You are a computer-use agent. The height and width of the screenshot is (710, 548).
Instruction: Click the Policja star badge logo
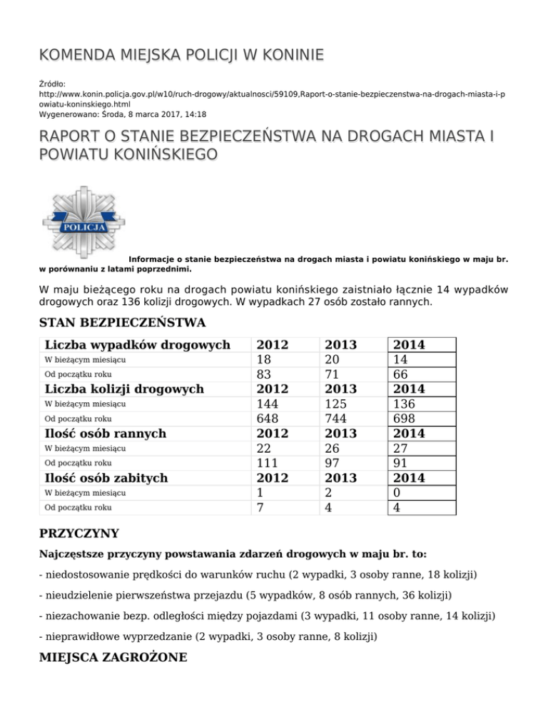click(83, 221)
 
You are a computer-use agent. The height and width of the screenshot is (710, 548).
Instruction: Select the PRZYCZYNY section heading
click(78, 533)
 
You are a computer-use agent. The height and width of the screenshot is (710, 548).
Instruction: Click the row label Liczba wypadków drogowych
click(137, 345)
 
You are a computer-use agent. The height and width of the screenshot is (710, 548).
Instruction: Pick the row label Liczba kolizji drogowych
click(124, 389)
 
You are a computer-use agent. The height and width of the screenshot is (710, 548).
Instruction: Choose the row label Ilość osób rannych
click(105, 434)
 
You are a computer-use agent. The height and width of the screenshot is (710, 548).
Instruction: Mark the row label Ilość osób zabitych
click(106, 478)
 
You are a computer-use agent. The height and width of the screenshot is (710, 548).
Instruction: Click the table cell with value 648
click(269, 419)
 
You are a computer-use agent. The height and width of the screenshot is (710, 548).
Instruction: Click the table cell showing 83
click(265, 374)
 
